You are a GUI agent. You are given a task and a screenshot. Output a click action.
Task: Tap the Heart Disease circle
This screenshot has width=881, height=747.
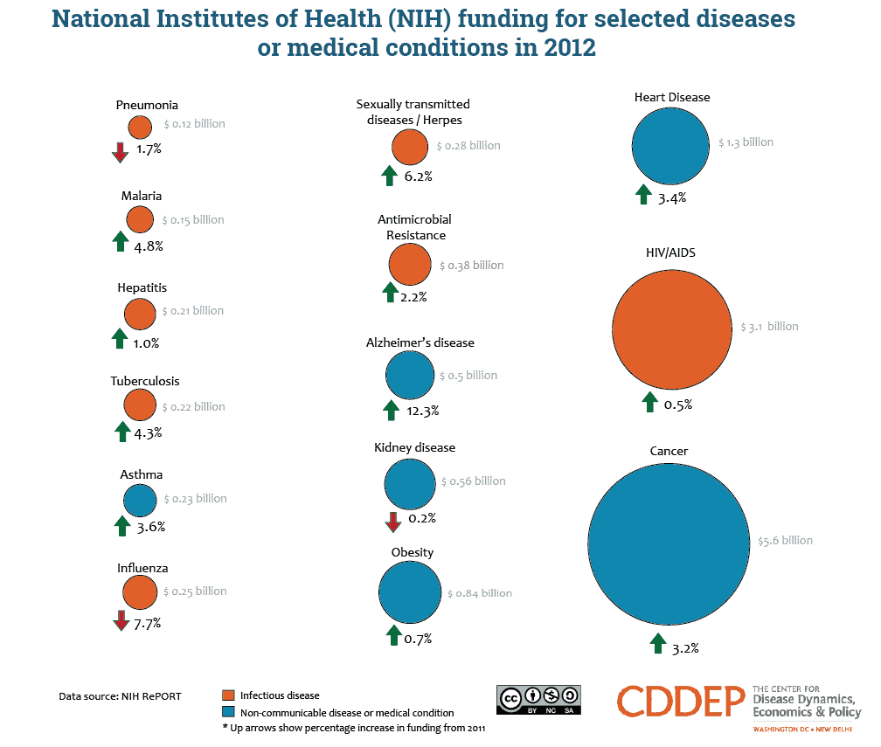[x=669, y=145]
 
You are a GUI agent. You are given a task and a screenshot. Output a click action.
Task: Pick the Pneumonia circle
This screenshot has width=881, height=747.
[x=140, y=128]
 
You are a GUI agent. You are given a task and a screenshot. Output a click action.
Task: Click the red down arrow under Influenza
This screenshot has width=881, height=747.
[x=121, y=621]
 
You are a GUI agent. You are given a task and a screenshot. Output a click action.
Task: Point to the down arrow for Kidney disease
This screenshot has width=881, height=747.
[x=392, y=522]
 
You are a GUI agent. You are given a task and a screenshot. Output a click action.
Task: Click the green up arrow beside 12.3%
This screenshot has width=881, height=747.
[x=391, y=409]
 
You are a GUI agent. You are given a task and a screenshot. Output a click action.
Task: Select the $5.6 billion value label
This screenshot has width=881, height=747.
[x=785, y=540]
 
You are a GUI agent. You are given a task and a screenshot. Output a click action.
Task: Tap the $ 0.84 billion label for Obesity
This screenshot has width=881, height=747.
[x=480, y=593]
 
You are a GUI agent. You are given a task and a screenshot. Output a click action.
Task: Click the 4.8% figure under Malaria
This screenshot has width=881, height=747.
[x=149, y=246]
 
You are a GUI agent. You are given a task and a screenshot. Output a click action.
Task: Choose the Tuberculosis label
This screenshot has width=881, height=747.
[x=145, y=381]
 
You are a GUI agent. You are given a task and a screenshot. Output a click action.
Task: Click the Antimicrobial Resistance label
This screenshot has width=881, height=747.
[x=414, y=227]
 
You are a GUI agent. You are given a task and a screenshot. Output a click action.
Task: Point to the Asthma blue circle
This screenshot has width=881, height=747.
[x=140, y=501]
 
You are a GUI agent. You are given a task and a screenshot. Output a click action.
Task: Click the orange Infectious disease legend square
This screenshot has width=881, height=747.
[x=228, y=695]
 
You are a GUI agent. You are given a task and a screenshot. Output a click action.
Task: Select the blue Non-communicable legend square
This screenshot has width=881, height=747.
[x=228, y=712]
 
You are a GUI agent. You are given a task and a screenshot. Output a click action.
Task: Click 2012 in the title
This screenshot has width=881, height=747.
[x=567, y=48]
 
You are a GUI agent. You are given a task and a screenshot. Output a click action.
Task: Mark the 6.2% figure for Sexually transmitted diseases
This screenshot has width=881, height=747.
[x=419, y=176]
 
